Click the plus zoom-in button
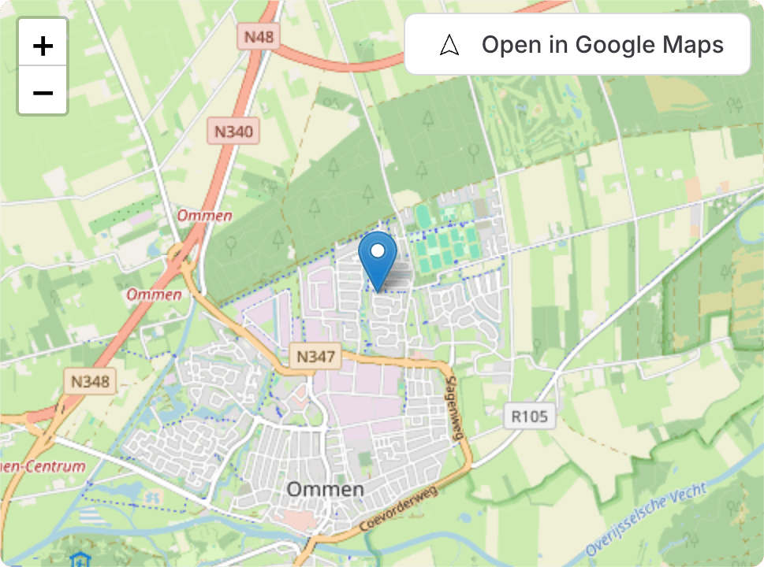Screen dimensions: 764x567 click(x=43, y=46)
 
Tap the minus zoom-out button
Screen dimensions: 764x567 click(x=43, y=93)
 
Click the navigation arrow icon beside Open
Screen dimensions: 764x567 click(x=449, y=45)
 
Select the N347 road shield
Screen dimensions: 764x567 click(x=315, y=356)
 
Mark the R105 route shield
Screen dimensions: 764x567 click(x=530, y=416)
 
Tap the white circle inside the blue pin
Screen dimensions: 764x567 click(x=378, y=251)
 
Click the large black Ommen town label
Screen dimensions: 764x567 click(x=325, y=490)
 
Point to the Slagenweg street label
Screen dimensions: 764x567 click(x=453, y=406)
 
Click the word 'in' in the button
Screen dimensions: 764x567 click(x=559, y=45)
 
